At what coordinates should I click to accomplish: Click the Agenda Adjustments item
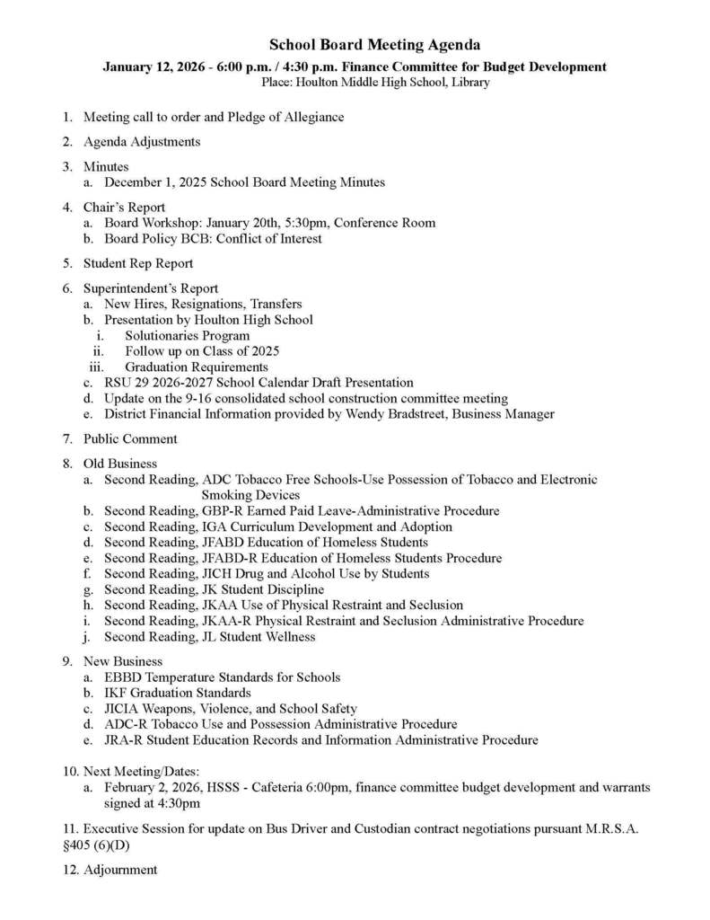tap(142, 142)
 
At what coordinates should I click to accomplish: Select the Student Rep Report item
tap(138, 264)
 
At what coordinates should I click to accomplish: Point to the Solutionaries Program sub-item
tap(188, 336)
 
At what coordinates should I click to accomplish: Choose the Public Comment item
tap(130, 439)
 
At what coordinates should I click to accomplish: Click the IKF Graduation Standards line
tap(178, 694)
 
